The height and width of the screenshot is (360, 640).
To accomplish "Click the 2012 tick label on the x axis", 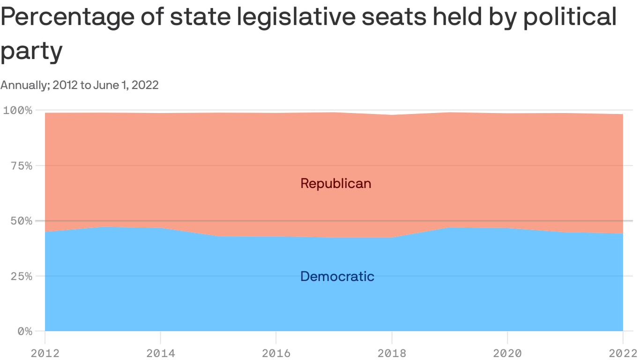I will click(x=45, y=353).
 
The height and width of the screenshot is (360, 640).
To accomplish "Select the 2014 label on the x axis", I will click(x=161, y=353).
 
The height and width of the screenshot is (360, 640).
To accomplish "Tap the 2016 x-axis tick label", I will click(x=276, y=353).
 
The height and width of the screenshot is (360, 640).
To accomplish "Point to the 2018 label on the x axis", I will click(x=392, y=353).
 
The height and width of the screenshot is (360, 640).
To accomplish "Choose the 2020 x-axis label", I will click(x=507, y=353).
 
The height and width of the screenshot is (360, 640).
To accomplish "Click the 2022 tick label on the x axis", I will click(x=622, y=353).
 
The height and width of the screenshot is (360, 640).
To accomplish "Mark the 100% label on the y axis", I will click(x=18, y=111).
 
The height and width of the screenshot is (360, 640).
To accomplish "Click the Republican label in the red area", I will click(x=335, y=183).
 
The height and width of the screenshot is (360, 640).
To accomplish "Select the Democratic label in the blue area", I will click(x=337, y=277).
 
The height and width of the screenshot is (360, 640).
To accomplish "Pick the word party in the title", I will click(x=31, y=51).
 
